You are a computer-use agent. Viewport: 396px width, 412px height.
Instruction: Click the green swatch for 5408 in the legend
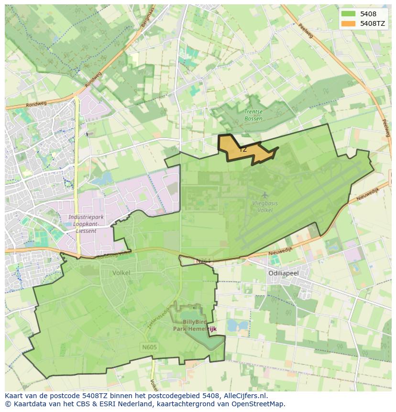[x=349, y=14]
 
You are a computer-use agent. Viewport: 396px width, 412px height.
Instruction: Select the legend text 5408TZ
[x=373, y=23]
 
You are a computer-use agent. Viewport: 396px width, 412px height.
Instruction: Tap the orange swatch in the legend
[x=349, y=23]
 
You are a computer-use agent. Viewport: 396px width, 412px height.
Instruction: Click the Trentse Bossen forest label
[x=253, y=115]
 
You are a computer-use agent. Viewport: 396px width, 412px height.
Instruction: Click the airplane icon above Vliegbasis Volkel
[x=265, y=195]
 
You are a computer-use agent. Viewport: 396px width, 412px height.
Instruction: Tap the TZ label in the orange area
[x=243, y=149]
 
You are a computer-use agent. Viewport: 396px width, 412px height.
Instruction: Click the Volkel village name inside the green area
[x=121, y=274]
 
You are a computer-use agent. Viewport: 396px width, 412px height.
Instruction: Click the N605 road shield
[x=149, y=347]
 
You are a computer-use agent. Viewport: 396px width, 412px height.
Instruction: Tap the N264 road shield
[x=203, y=261]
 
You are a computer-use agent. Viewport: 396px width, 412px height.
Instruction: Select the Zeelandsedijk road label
[x=166, y=317]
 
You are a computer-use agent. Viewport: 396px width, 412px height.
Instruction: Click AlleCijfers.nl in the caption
[x=245, y=396]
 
